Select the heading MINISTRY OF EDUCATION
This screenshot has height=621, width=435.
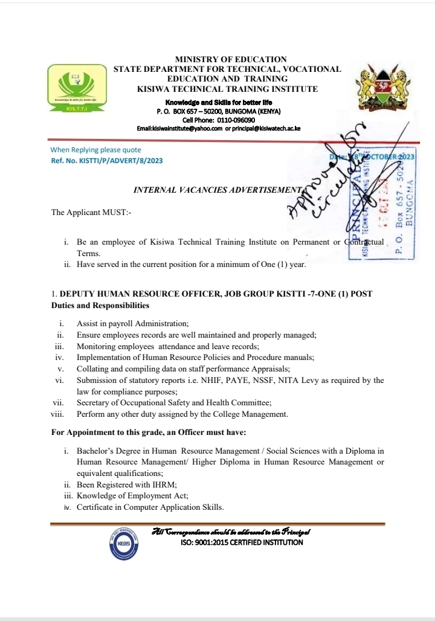231,59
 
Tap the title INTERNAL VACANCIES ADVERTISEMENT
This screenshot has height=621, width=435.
216,190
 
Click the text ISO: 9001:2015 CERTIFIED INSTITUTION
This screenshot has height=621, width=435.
242,542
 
